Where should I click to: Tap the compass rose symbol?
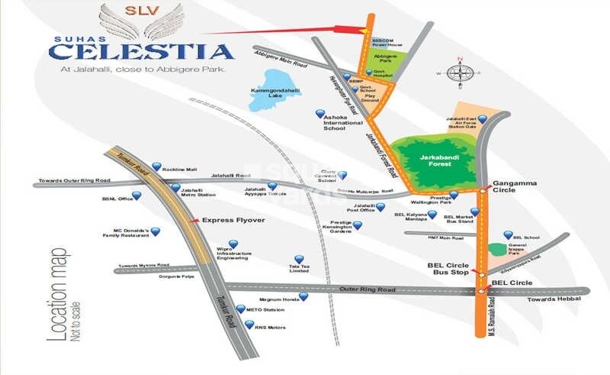pyautogui.click(x=460, y=73)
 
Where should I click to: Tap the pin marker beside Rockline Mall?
pyautogui.click(x=156, y=166)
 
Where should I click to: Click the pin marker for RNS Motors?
pyautogui.click(x=249, y=324)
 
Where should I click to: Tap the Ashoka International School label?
pyautogui.click(x=345, y=122)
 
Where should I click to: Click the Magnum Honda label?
pyautogui.click(x=278, y=300)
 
